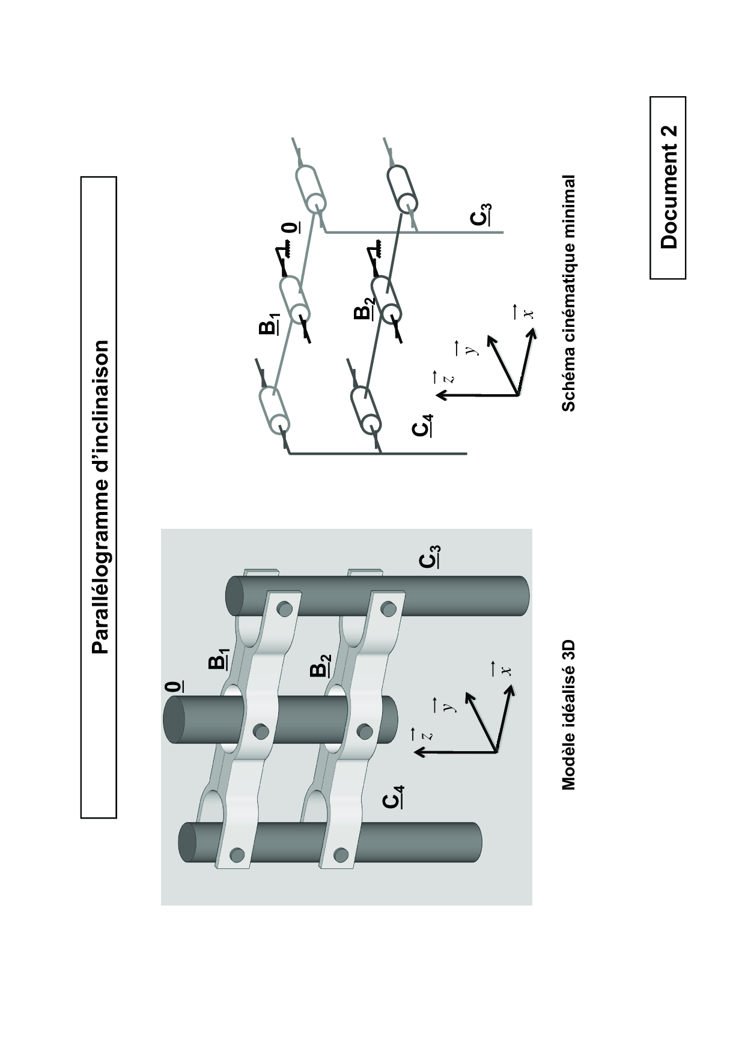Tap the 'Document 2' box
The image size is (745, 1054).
pyautogui.click(x=668, y=187)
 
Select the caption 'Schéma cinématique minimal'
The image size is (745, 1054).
pyautogui.click(x=568, y=293)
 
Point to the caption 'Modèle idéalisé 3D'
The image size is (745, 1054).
pyautogui.click(x=568, y=715)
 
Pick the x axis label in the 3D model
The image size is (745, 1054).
pyautogui.click(x=507, y=669)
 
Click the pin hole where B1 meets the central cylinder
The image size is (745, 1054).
pyautogui.click(x=261, y=731)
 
